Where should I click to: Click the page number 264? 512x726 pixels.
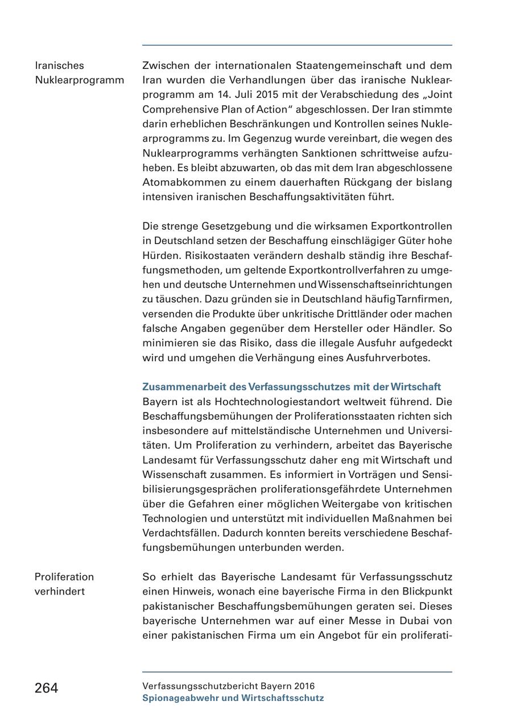[46, 688]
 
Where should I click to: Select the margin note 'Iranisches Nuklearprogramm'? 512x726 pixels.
[79, 73]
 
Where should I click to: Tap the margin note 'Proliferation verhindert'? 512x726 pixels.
[64, 584]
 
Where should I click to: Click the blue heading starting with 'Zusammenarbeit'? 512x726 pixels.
[291, 387]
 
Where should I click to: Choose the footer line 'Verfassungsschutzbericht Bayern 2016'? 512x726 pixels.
[228, 686]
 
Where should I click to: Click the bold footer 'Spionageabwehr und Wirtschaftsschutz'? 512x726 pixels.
[233, 698]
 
